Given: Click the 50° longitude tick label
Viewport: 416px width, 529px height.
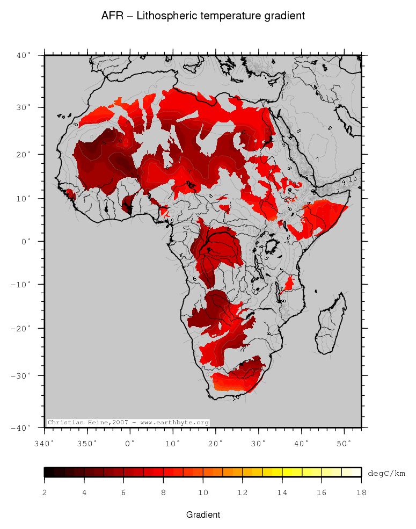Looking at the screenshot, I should click(344, 443).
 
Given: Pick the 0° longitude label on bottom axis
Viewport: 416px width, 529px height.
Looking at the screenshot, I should click(130, 443).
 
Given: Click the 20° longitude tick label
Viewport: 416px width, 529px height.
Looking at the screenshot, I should click(216, 443).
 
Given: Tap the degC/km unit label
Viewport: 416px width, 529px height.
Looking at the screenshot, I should click(386, 473).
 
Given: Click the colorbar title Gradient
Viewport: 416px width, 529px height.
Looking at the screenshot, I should click(203, 514).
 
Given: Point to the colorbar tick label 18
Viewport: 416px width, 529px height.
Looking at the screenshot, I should click(361, 492).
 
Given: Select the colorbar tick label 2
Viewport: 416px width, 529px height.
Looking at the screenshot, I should click(45, 492).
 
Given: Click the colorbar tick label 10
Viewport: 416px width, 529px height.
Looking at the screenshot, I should click(203, 492).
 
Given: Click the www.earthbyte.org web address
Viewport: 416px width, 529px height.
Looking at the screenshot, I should click(174, 423).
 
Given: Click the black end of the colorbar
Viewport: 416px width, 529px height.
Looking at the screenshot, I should click(48, 472).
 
